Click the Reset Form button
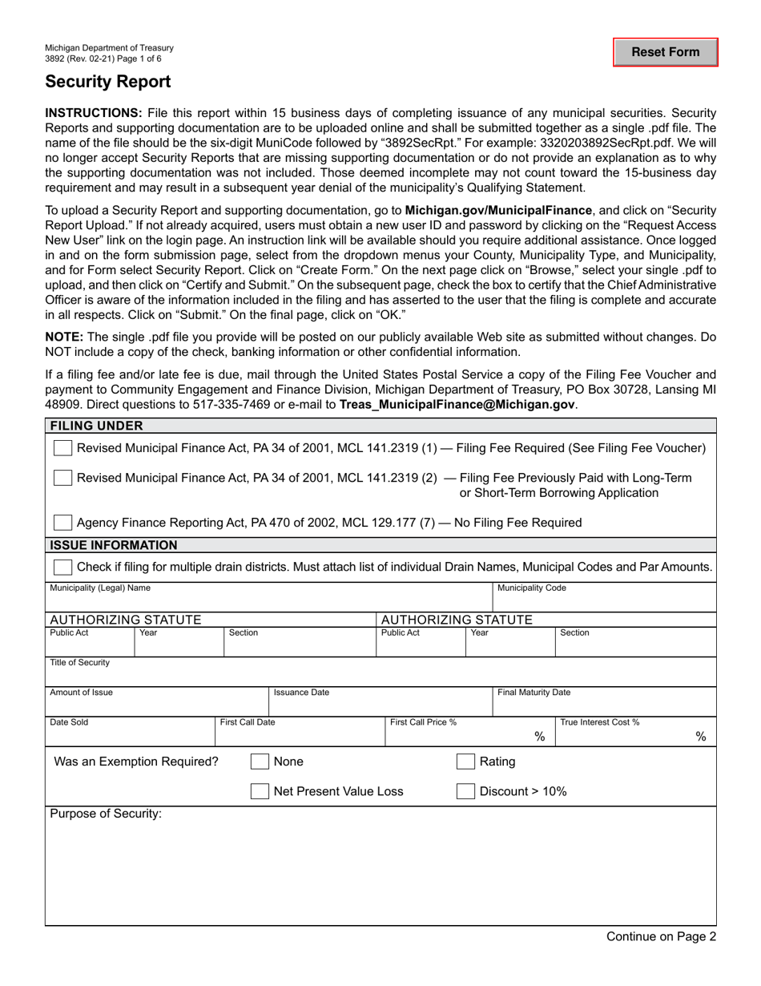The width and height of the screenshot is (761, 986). click(x=665, y=52)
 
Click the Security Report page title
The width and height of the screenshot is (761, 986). click(x=107, y=81)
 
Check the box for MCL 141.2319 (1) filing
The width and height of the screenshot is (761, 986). click(x=62, y=447)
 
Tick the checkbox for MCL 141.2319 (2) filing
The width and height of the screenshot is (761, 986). click(x=62, y=478)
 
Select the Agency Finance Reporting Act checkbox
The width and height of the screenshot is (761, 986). click(x=62, y=523)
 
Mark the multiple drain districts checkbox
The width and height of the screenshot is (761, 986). click(x=62, y=567)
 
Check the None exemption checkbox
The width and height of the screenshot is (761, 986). click(x=260, y=762)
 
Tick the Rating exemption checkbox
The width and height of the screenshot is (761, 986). click(x=465, y=762)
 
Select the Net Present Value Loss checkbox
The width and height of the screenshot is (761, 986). click(x=260, y=792)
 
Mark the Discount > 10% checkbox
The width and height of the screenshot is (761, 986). click(x=465, y=792)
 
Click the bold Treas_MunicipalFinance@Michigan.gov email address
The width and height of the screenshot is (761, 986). click(x=457, y=405)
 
